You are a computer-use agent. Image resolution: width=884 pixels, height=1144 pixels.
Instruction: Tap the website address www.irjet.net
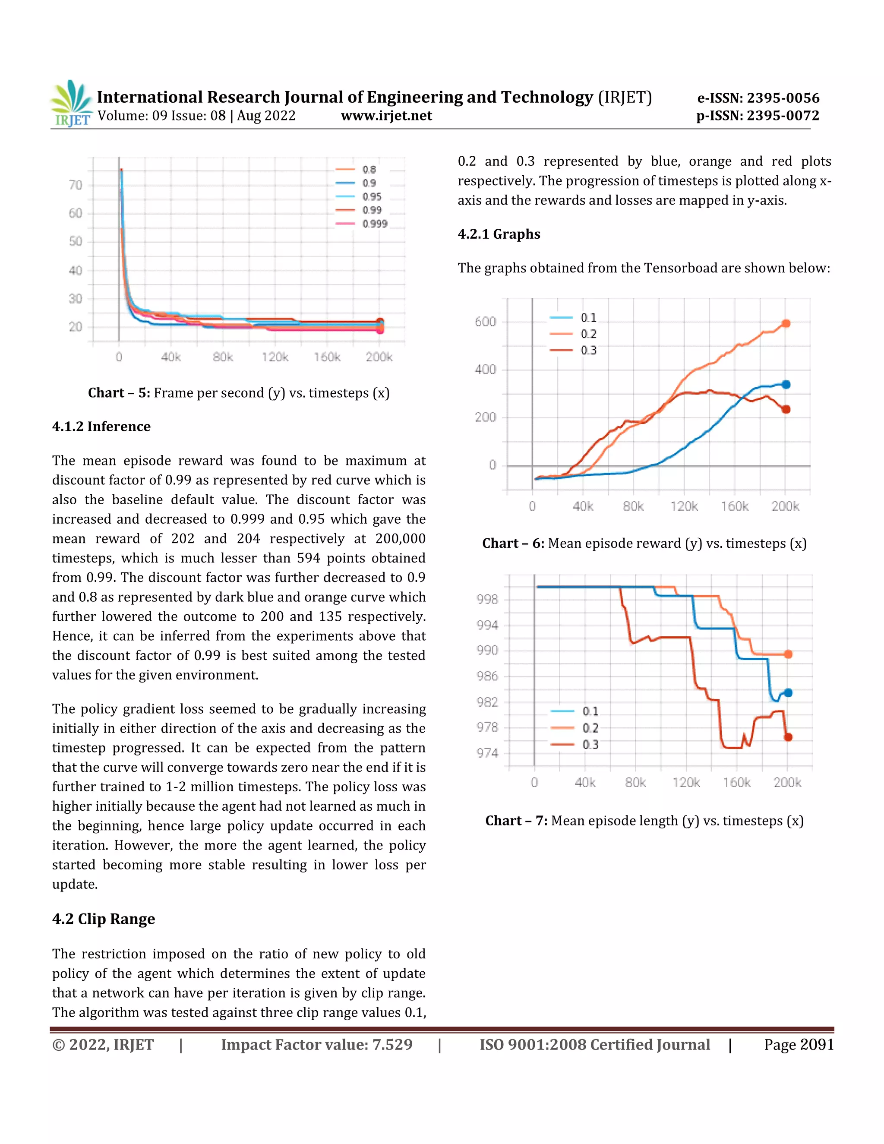[x=386, y=116]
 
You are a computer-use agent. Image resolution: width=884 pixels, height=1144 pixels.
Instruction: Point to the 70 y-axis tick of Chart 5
[x=76, y=185]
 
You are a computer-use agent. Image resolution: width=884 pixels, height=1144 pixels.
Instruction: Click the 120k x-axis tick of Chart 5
[x=275, y=357]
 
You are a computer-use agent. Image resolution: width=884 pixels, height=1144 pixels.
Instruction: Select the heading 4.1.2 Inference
[x=101, y=427]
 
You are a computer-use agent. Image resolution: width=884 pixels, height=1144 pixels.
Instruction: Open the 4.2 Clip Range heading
[x=103, y=919]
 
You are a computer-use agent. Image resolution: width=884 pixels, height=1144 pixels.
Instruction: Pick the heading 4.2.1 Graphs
[x=499, y=234]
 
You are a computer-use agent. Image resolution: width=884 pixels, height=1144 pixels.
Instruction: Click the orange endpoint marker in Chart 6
[x=786, y=324]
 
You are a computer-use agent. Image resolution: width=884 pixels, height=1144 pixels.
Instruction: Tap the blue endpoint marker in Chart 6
[x=786, y=385]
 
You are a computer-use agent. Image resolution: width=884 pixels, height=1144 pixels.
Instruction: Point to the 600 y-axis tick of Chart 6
[x=485, y=322]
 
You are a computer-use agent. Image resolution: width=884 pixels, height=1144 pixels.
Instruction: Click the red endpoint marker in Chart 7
[x=788, y=737]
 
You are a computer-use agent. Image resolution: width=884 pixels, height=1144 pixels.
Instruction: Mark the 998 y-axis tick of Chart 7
[x=487, y=599]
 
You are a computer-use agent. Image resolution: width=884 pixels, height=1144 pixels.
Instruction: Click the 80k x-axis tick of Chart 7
[x=635, y=783]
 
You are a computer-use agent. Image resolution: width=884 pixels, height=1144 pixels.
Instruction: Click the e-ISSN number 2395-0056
[x=783, y=98]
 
